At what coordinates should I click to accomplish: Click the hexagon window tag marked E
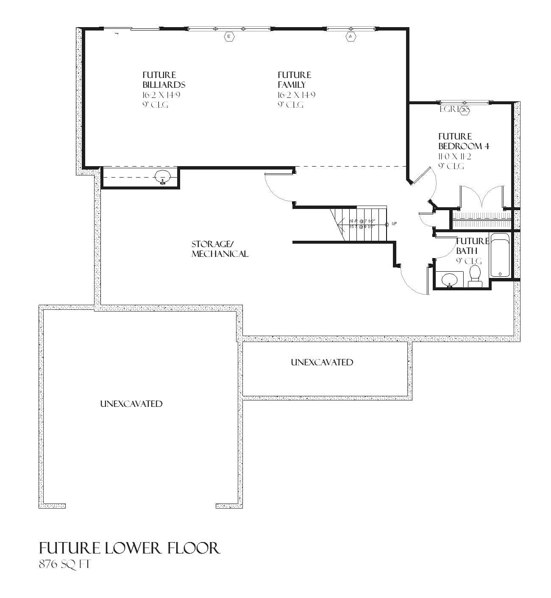tap(229, 37)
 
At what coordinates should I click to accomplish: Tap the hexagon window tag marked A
tap(351, 37)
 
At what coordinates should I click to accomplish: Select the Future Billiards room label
tap(164, 80)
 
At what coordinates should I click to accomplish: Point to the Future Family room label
tap(294, 80)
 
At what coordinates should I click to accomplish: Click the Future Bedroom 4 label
tap(464, 141)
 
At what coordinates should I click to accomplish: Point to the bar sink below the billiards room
tap(162, 176)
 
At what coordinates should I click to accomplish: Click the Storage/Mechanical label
tap(220, 249)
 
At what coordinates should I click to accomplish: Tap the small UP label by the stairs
tap(394, 224)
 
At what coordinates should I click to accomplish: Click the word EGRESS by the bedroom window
tap(454, 109)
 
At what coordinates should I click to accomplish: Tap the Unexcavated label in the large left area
tap(131, 404)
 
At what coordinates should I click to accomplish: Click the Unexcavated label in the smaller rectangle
tap(322, 362)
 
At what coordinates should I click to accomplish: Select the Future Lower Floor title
tap(130, 548)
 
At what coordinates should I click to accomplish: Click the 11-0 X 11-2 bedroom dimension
tap(455, 156)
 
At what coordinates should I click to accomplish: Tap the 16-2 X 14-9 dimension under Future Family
tap(296, 95)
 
